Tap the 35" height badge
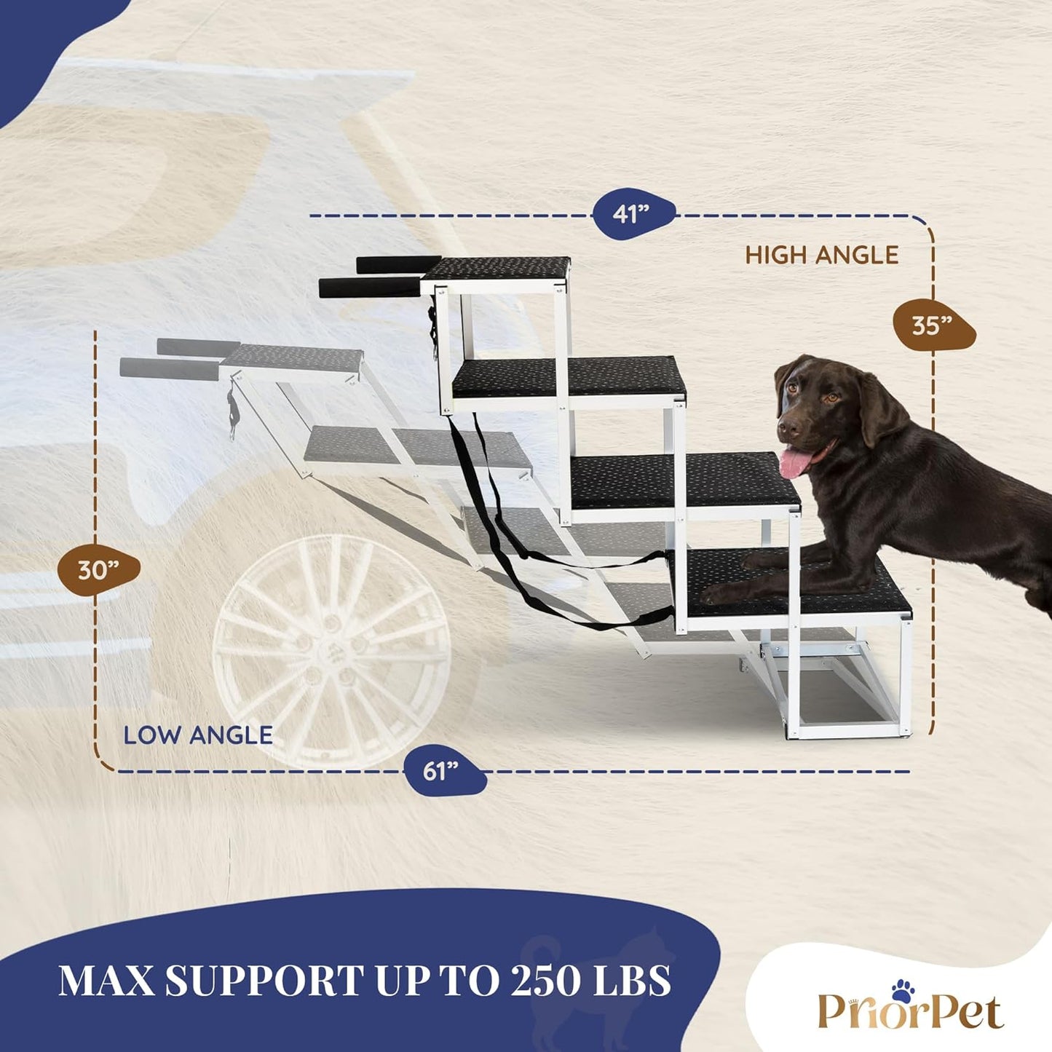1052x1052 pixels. (x=933, y=326)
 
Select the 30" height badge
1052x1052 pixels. (x=99, y=571)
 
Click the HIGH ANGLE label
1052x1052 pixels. (x=822, y=256)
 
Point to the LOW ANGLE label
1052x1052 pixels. (x=198, y=735)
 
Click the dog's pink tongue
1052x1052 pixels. (x=795, y=464)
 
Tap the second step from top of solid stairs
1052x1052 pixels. (x=569, y=376)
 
